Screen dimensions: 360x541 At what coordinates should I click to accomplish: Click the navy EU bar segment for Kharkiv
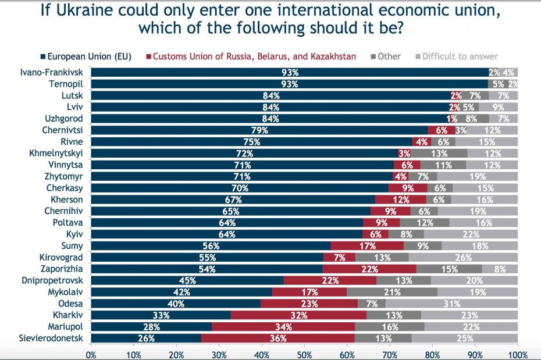coord(161,315)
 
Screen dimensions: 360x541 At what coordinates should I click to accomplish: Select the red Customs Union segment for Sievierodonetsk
coord(278,338)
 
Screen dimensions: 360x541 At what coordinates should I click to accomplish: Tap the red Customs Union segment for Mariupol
coord(283,327)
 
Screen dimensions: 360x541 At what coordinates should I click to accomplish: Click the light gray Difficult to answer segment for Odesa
coord(451,304)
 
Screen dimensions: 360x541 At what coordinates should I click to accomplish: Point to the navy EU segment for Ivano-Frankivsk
coord(290,73)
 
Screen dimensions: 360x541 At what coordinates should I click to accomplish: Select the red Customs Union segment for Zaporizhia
coord(369,269)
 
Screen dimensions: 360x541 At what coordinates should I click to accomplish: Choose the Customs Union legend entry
coord(250,56)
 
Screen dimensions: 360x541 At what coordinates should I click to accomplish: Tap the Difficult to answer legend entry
coord(460,56)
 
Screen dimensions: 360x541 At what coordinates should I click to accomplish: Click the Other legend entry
coord(389,56)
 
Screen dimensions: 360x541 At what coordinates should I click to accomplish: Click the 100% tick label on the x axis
coord(518,354)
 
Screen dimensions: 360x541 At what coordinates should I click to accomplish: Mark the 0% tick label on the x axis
coord(91,354)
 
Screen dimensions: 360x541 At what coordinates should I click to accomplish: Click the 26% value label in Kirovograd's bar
coord(463,257)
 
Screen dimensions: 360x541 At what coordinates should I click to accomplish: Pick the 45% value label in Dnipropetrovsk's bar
coord(187,280)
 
